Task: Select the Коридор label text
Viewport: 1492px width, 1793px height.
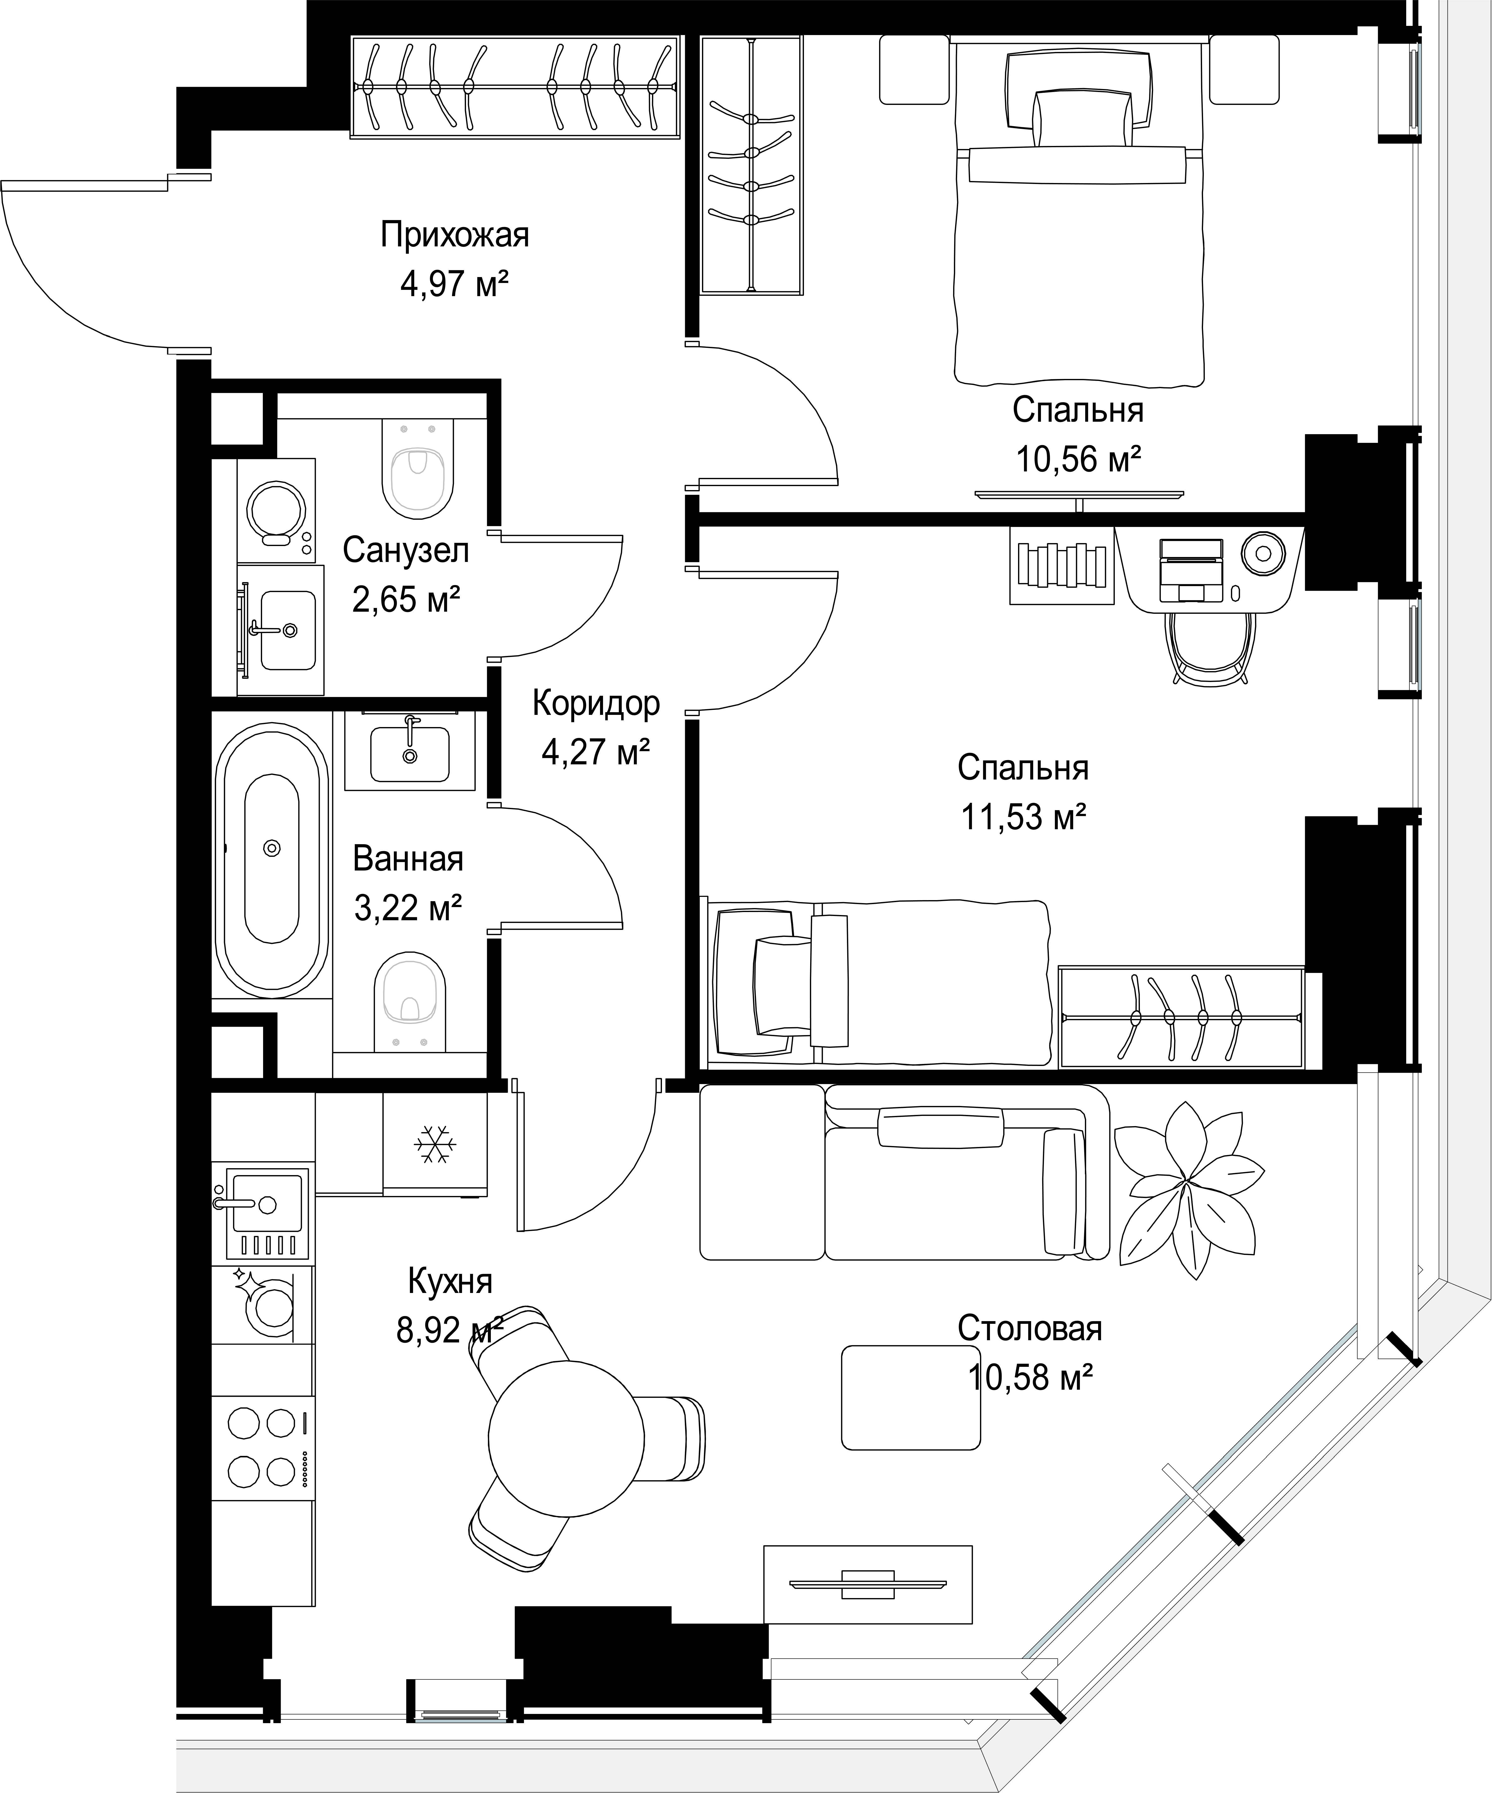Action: click(596, 703)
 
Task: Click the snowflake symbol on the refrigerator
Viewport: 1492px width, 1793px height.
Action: click(435, 1144)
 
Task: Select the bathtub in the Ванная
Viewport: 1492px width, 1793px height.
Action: click(272, 860)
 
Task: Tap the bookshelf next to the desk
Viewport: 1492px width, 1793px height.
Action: click(1062, 565)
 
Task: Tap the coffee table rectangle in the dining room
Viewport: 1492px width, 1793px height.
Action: click(910, 1398)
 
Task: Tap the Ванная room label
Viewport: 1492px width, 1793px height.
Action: click(408, 858)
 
